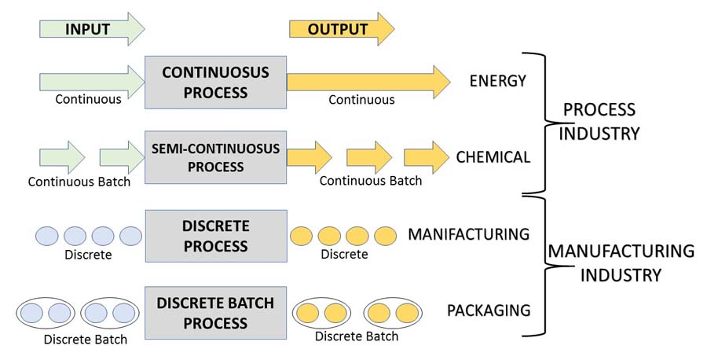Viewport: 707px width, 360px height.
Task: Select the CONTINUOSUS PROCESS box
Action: (215, 83)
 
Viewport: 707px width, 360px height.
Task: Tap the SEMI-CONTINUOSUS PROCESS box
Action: (215, 157)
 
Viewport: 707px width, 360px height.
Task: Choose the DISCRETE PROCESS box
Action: (215, 236)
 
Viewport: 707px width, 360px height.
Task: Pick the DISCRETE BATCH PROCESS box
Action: (215, 313)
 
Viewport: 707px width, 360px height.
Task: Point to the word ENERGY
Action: (497, 81)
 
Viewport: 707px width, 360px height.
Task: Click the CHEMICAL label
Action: (493, 157)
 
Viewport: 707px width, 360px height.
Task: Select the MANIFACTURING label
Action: (469, 233)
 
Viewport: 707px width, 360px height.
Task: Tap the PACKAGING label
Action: (489, 310)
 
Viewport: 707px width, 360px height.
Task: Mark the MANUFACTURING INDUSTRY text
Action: (621, 263)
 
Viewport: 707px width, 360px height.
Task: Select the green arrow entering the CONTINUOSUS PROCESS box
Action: (92, 81)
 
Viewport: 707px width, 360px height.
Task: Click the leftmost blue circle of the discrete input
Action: (47, 236)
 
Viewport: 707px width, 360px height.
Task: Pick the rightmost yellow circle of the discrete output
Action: (385, 236)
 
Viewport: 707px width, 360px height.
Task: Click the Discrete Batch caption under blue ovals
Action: (86, 340)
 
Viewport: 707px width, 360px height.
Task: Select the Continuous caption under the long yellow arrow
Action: (361, 100)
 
